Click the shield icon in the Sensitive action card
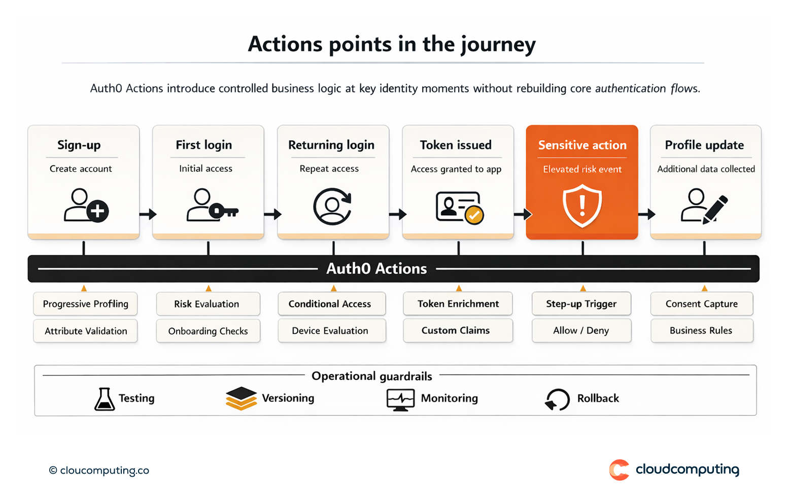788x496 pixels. tap(582, 206)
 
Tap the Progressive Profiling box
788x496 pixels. tap(85, 304)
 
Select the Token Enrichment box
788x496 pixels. tap(458, 304)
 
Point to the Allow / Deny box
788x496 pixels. tap(581, 330)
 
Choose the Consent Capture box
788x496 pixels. tap(701, 304)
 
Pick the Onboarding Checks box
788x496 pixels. tap(208, 331)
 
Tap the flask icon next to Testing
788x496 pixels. tap(105, 399)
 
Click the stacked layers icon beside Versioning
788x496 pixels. tap(241, 399)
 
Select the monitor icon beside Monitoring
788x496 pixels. tap(400, 400)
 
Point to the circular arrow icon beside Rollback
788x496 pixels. tap(557, 400)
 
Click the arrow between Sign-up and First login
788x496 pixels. tap(147, 214)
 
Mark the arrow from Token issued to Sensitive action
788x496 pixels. tap(522, 214)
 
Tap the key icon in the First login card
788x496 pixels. tap(223, 211)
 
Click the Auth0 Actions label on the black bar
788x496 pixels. tap(376, 269)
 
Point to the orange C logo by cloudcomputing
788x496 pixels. tap(619, 470)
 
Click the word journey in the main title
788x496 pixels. tap(498, 45)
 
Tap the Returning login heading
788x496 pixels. tap(331, 145)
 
